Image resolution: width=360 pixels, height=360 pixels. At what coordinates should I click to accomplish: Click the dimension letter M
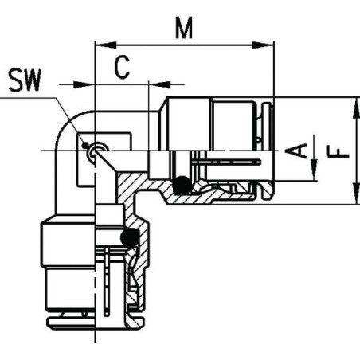[185, 29]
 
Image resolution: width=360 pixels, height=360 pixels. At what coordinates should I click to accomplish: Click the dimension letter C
[121, 68]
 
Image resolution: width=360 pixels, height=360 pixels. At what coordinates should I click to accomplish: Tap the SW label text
[26, 80]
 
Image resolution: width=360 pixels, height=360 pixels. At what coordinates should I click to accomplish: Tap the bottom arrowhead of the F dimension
[350, 196]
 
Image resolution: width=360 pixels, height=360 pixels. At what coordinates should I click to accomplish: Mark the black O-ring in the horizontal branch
[183, 184]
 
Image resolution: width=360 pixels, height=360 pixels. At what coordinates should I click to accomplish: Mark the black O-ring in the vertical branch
[129, 237]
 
